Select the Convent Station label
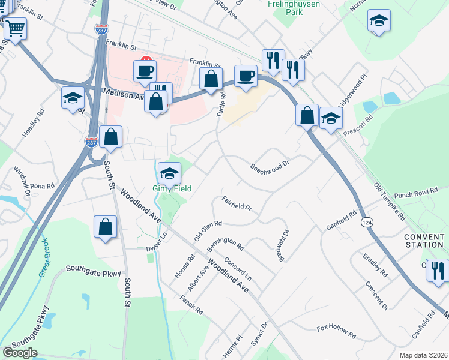(424, 240)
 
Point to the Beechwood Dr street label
(270, 166)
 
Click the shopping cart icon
(16, 28)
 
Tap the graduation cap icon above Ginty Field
(169, 173)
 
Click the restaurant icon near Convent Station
(438, 269)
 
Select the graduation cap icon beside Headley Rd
(73, 98)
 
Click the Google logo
(20, 353)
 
